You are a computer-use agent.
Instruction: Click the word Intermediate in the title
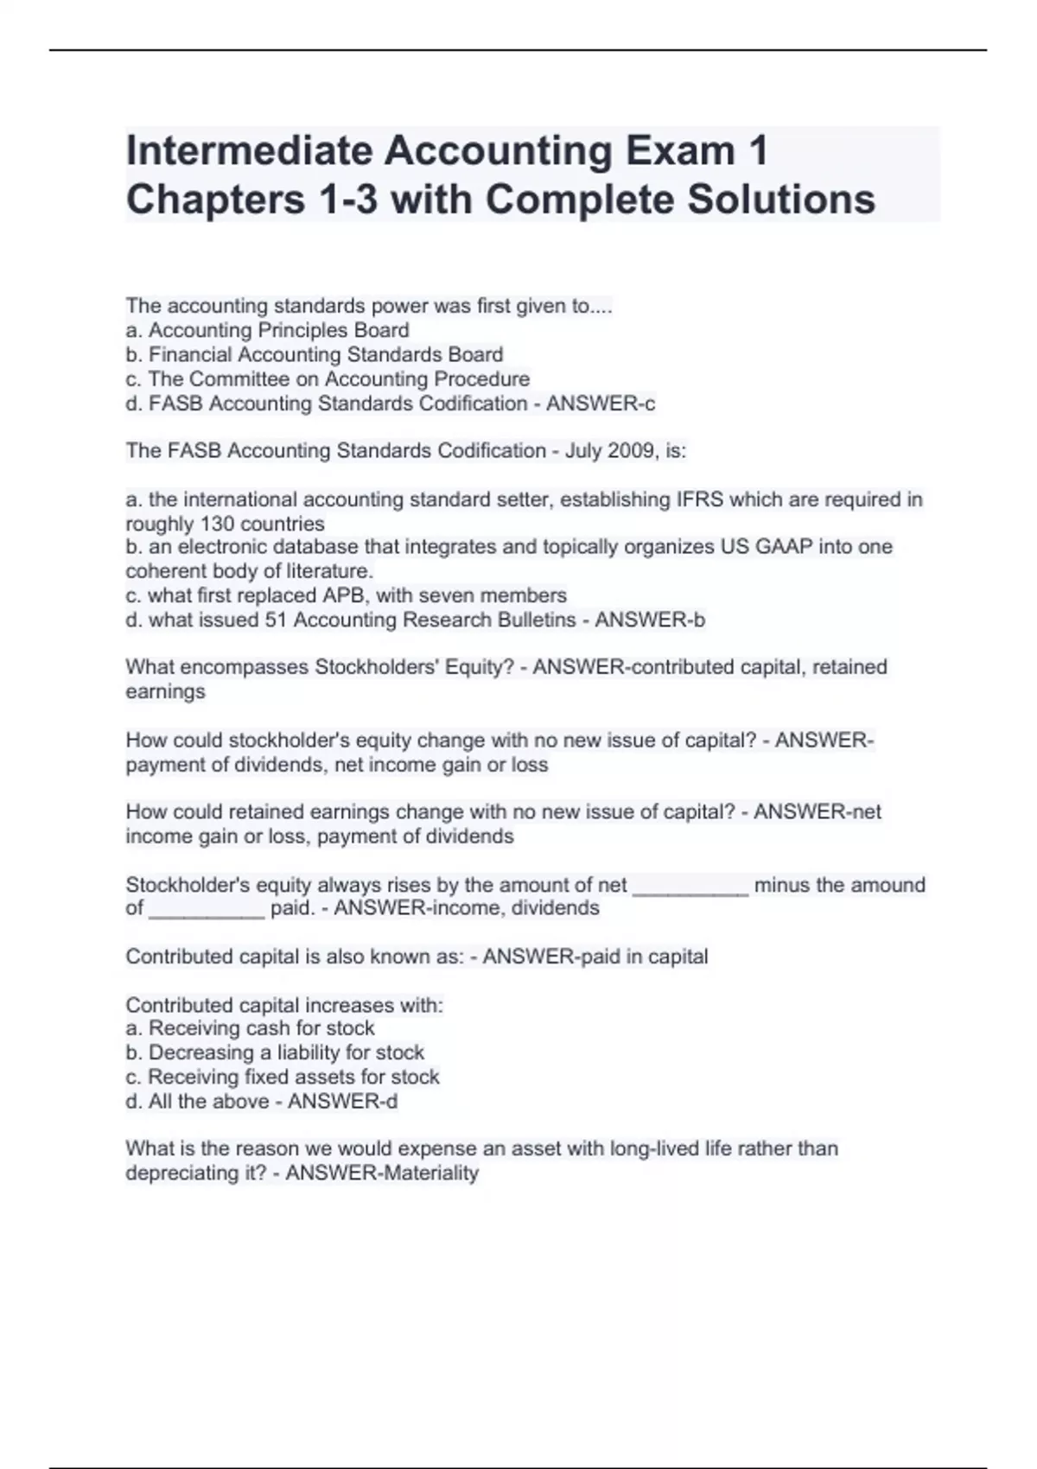coord(248,150)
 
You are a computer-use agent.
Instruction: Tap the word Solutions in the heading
coord(781,200)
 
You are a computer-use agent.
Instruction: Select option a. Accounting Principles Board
coord(267,330)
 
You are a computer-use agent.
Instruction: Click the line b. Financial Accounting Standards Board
coord(314,354)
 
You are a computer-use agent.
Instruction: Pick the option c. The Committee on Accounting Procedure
coord(328,378)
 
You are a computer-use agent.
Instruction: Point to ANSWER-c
coord(601,404)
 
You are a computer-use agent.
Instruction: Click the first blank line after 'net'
coord(690,887)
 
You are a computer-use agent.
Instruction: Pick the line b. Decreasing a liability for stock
coord(275,1052)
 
